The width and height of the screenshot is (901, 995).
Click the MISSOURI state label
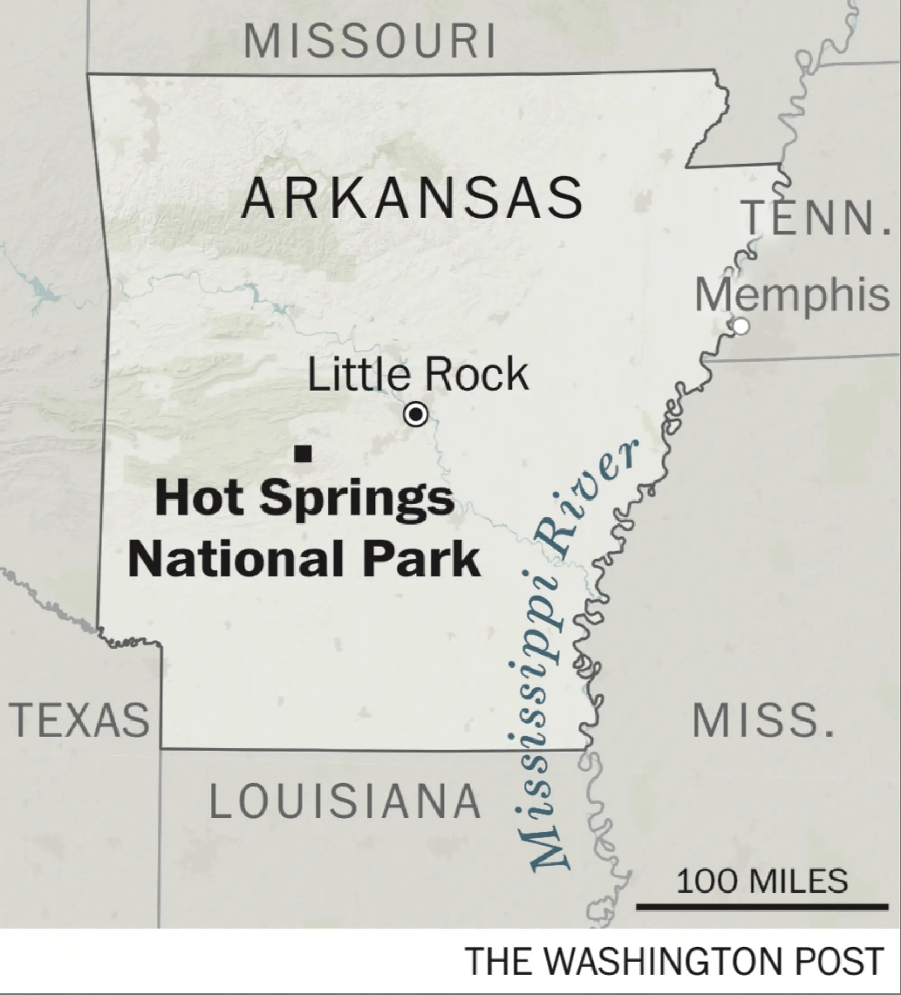click(370, 41)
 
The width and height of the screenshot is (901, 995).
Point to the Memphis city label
click(792, 295)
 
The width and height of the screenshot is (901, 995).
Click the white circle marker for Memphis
click(740, 326)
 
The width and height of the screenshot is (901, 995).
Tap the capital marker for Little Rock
click(415, 414)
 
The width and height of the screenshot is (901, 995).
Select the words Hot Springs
click(305, 498)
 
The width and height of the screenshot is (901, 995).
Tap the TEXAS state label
click(79, 720)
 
